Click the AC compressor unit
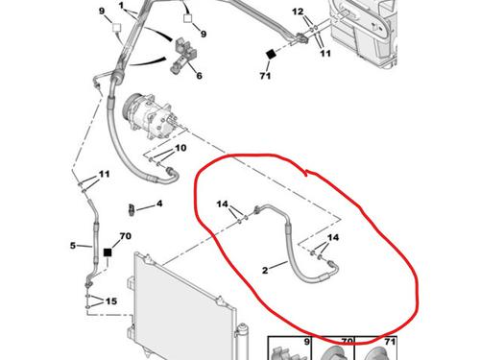click(x=148, y=116)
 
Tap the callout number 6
click(x=199, y=76)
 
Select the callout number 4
click(x=159, y=204)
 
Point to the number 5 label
click(x=73, y=246)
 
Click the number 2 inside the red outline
click(x=265, y=270)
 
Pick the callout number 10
click(x=180, y=148)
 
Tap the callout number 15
click(x=111, y=301)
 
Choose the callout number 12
click(x=298, y=12)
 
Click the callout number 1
click(x=121, y=6)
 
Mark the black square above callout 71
click(x=271, y=54)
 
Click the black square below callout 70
click(x=108, y=252)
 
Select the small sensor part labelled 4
click(x=132, y=209)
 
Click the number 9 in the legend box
click(x=306, y=342)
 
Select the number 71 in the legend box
click(x=390, y=342)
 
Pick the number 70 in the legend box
click(x=347, y=342)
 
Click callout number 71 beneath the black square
click(x=265, y=76)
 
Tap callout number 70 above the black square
click(x=125, y=236)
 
